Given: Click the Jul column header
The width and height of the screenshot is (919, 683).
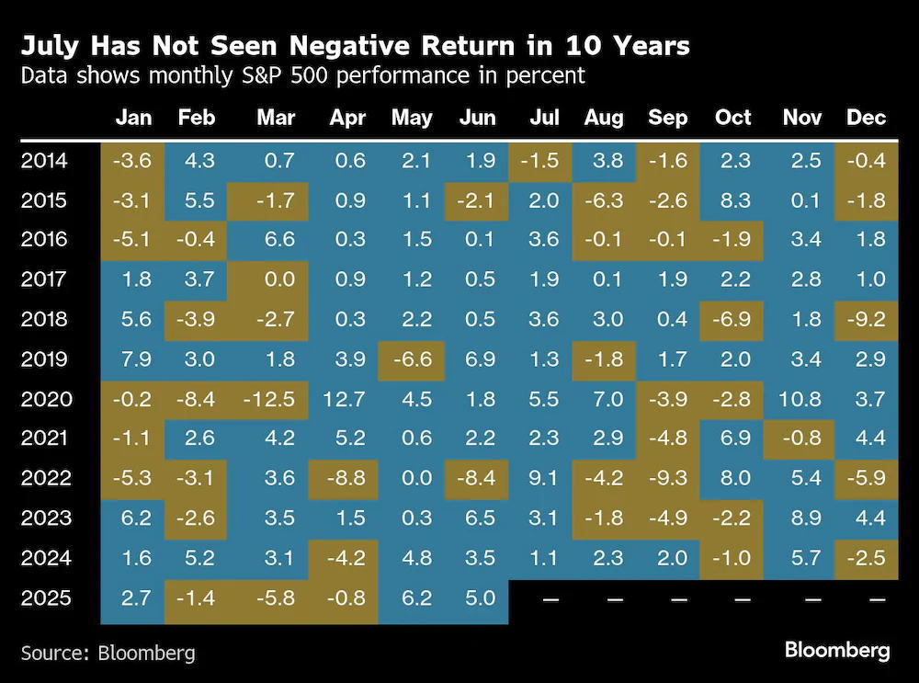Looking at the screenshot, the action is click(x=544, y=118).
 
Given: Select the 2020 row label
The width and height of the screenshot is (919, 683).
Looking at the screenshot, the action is click(x=46, y=399).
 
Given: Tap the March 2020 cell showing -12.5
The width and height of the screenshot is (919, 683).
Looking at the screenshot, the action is click(x=269, y=399).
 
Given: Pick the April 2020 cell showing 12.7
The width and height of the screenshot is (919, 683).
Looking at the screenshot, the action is click(x=344, y=399).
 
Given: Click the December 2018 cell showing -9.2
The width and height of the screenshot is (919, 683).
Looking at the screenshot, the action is click(x=867, y=319).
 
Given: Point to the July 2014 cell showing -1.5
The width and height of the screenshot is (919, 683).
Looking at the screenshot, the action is click(x=539, y=161).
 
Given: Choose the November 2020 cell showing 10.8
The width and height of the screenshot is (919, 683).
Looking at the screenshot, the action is click(x=800, y=399).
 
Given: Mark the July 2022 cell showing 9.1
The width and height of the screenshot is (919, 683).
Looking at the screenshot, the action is click(x=543, y=478).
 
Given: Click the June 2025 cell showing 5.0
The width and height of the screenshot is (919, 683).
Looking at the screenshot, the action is click(x=481, y=598).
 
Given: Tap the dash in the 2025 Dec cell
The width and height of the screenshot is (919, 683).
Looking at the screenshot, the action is click(x=877, y=599).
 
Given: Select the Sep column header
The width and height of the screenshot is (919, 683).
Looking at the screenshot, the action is click(x=667, y=118).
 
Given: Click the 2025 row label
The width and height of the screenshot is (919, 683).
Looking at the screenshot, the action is click(x=46, y=598).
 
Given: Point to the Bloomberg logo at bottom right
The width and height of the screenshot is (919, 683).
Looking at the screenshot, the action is click(x=837, y=650).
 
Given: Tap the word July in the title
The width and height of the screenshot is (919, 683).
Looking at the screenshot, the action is click(x=50, y=46).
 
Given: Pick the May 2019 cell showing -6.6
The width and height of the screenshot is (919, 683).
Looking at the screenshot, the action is click(x=413, y=359).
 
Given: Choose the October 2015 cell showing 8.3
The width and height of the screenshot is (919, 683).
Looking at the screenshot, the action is click(x=735, y=200).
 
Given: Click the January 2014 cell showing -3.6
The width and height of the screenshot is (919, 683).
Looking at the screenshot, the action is click(x=131, y=161).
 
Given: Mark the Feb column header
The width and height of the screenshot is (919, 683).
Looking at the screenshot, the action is click(x=197, y=118).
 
